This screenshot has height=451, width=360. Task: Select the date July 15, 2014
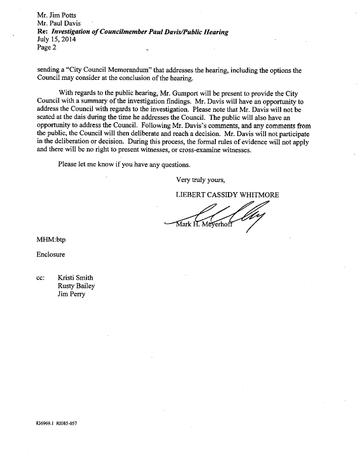(x=56, y=40)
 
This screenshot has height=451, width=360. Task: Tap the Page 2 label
(x=47, y=48)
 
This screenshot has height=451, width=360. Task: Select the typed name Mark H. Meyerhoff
(x=208, y=225)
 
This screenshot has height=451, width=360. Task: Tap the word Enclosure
(x=51, y=254)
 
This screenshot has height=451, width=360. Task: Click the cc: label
(x=41, y=278)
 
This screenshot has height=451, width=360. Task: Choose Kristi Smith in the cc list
(x=75, y=278)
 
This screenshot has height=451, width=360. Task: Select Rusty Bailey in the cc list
(x=76, y=286)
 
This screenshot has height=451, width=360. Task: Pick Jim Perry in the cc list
(x=72, y=294)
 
